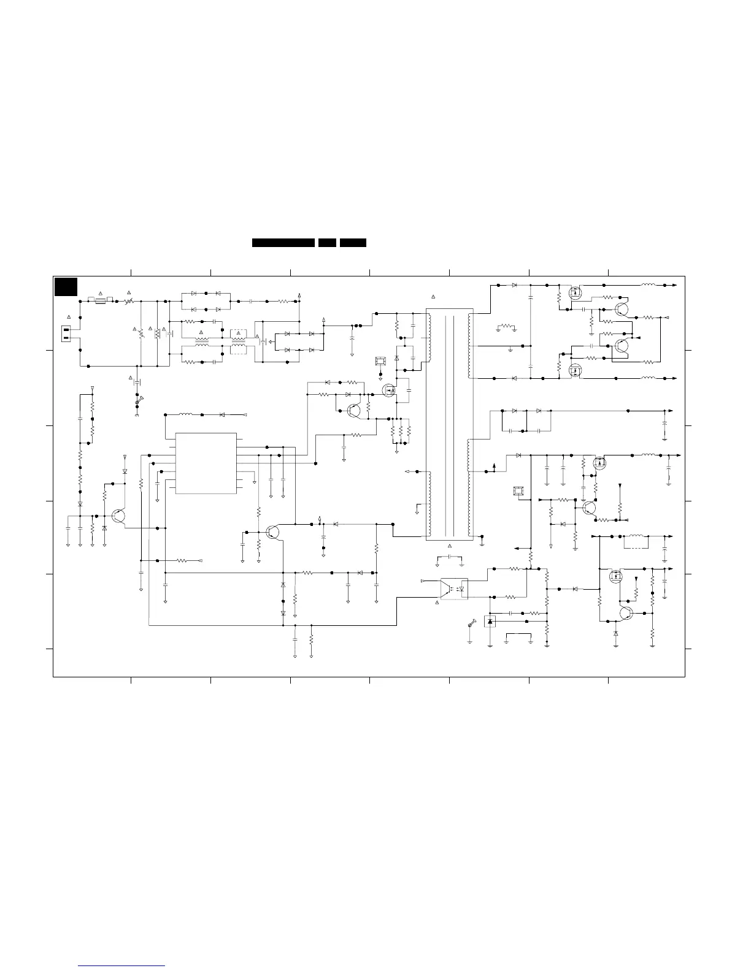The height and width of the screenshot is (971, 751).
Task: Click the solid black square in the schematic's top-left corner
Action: [x=66, y=287]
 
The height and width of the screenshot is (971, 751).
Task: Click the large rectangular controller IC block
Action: [x=206, y=463]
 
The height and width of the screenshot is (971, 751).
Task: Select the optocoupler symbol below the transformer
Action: [x=454, y=589]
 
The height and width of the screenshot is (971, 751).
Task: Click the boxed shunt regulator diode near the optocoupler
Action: [x=490, y=622]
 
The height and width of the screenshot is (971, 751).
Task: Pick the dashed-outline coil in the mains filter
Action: [x=238, y=349]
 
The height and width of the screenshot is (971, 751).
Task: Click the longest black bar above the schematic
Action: [x=283, y=243]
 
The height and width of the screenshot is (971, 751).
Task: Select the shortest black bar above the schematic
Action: [x=327, y=243]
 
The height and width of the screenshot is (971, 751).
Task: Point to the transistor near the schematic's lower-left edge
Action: [x=118, y=517]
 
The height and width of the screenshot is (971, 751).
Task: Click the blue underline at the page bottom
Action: [x=122, y=967]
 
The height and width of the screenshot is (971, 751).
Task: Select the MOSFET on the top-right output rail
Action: [x=575, y=293]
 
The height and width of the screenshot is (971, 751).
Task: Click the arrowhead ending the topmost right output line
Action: [x=675, y=285]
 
